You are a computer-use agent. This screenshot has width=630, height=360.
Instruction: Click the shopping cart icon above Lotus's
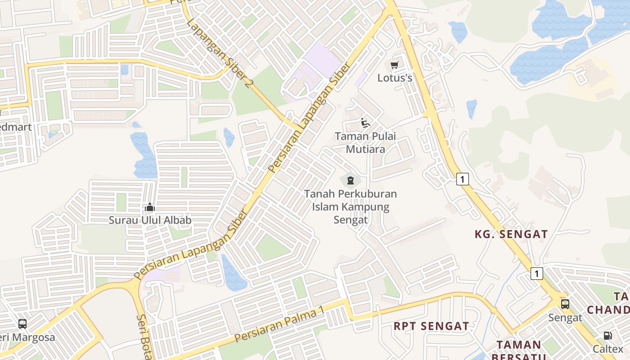[395, 65]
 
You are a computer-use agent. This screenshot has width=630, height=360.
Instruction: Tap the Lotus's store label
[395, 78]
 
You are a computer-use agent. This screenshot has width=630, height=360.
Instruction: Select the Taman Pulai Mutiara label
[365, 142]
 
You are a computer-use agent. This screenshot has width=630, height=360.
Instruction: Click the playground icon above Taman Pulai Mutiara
[365, 123]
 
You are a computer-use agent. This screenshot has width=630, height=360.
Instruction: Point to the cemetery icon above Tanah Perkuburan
[350, 181]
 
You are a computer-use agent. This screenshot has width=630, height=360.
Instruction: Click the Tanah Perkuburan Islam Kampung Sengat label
[350, 207]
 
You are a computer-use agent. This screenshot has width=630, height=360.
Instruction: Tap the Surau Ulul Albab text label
[150, 220]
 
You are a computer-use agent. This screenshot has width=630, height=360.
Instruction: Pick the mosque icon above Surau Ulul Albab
[150, 207]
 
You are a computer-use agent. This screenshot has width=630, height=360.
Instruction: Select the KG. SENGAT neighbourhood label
[511, 234]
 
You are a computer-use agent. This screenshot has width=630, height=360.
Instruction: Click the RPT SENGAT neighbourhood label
[431, 326]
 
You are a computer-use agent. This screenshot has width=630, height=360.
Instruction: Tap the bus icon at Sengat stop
[565, 304]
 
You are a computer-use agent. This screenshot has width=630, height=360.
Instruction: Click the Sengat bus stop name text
[565, 318]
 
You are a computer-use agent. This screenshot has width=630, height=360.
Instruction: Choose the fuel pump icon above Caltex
[607, 336]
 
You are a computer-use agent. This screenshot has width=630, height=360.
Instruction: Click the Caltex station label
[608, 349]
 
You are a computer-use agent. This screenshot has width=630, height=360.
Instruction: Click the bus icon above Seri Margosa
[22, 324]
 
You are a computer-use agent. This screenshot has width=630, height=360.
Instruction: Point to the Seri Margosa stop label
[27, 337]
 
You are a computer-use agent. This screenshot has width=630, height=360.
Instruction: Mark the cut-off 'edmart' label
[16, 127]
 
